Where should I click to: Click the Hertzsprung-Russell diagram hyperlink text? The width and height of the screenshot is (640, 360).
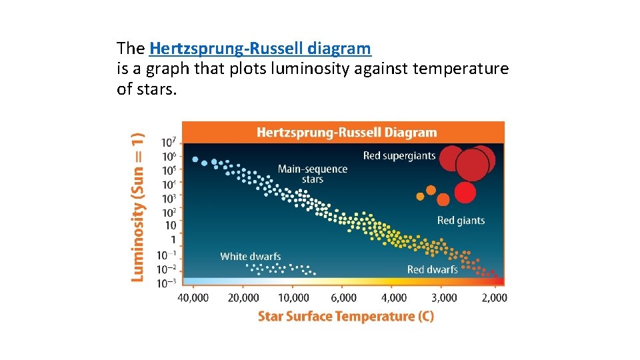click(x=260, y=49)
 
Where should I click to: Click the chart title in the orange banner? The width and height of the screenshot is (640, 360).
click(x=346, y=133)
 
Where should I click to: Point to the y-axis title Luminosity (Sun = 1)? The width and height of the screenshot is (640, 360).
click(x=137, y=207)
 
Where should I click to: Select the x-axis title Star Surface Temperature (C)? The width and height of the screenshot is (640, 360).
click(x=345, y=316)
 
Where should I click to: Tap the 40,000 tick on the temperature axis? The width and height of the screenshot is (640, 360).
click(x=193, y=297)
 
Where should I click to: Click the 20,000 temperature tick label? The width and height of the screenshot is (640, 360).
click(x=243, y=297)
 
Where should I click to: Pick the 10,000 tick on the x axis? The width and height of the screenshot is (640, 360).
click(x=293, y=297)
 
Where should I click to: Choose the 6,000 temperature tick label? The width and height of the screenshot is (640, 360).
click(x=343, y=297)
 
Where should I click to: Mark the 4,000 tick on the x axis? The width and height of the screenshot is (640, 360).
click(x=393, y=297)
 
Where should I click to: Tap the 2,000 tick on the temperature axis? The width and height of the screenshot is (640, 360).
click(x=494, y=297)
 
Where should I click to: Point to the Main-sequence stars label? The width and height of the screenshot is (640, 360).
click(x=313, y=174)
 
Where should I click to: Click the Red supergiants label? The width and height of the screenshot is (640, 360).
click(x=399, y=156)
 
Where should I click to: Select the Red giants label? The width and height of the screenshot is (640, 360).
click(x=461, y=221)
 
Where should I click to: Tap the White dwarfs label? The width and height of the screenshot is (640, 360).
click(x=251, y=256)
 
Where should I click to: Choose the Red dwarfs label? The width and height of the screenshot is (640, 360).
click(x=432, y=269)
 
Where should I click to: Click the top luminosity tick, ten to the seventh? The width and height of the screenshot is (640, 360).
click(x=169, y=142)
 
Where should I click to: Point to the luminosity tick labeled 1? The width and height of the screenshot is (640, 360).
click(x=173, y=240)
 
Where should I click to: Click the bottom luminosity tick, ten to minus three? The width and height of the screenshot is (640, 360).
click(x=167, y=283)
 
